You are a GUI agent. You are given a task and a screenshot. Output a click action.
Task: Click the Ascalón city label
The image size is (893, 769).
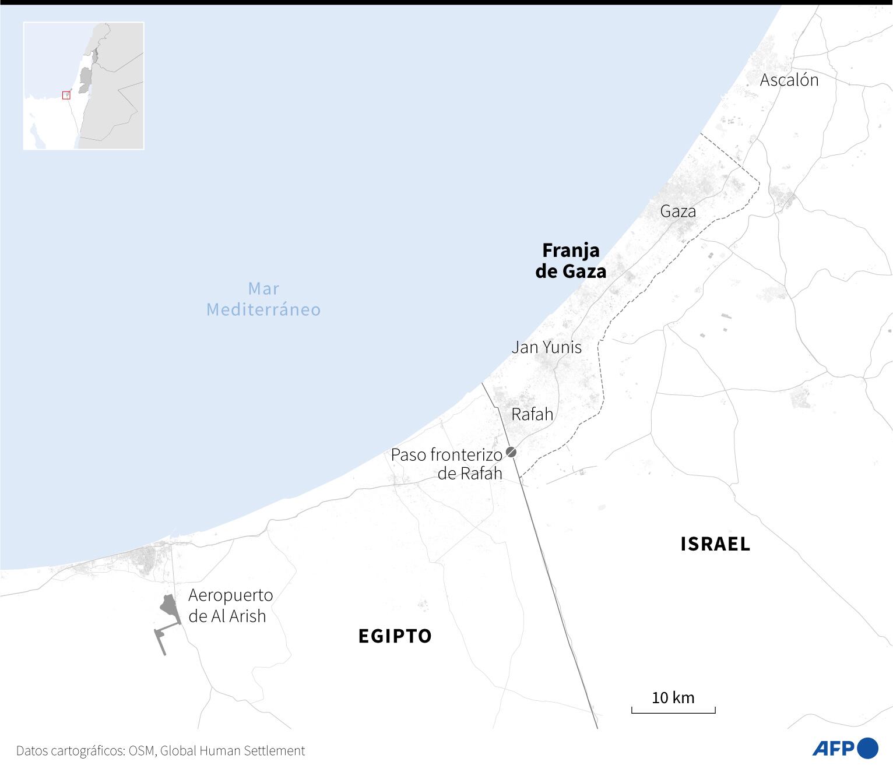tap(789, 80)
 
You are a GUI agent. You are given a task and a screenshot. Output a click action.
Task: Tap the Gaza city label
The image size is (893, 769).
tap(678, 211)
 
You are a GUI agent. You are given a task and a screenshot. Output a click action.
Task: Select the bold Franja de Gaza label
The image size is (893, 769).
tap(571, 260)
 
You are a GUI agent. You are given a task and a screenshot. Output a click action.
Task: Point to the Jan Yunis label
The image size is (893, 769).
tap(546, 347)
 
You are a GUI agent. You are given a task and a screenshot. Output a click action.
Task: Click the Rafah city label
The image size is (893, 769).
tap(532, 414)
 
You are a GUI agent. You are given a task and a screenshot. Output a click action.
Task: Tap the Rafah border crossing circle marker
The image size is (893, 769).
tap(511, 451)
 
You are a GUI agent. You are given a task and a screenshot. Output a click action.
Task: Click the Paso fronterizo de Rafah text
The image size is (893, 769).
tap(447, 464)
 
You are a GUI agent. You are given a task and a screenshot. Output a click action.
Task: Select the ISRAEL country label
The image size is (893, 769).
tap(715, 544)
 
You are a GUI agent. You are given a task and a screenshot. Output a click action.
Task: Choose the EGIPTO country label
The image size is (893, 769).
tap(395, 636)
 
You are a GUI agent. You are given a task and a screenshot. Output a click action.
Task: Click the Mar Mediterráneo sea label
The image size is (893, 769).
tap(263, 298)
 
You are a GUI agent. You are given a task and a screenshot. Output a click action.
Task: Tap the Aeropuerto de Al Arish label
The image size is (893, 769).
tap(230, 605)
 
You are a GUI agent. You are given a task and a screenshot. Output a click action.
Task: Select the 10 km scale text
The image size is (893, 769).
tap(673, 697)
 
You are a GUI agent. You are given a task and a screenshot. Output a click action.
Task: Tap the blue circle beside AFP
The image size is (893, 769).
tap(868, 748)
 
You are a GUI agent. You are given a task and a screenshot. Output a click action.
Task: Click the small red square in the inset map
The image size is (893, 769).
tap(66, 96)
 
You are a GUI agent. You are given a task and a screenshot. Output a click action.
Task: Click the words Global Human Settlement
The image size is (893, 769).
tap(232, 751)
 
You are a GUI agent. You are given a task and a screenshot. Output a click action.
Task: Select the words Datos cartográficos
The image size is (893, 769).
tap(69, 751)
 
